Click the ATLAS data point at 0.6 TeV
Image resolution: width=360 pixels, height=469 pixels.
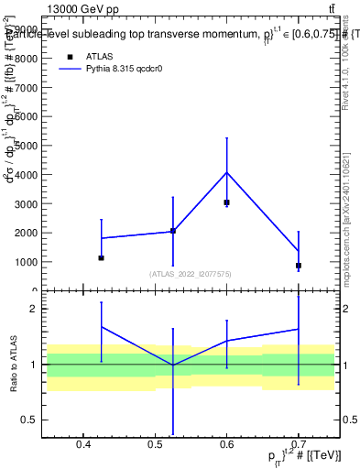(x=226, y=202)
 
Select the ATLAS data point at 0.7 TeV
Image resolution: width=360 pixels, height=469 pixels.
(x=299, y=266)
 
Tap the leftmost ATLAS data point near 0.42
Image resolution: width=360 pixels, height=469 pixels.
(x=101, y=258)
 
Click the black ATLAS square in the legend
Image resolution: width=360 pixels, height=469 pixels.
(x=70, y=57)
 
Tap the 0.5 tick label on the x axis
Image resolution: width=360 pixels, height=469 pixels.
(x=155, y=446)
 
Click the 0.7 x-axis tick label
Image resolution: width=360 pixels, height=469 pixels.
(x=299, y=446)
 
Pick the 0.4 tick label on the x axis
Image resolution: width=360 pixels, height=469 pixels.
(x=82, y=446)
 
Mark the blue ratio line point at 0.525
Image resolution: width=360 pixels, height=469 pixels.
(x=172, y=365)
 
